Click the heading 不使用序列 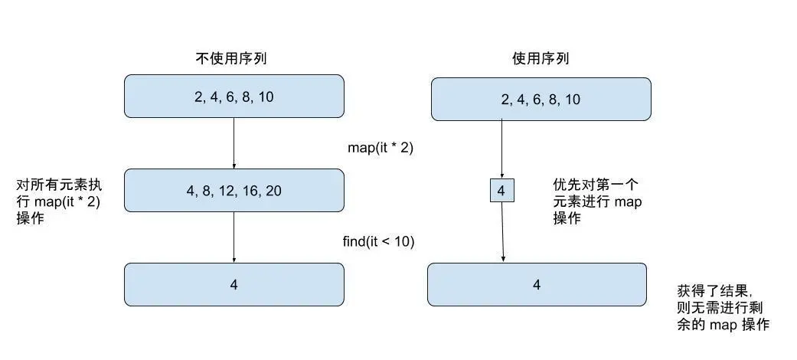point(234,58)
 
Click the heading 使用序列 point(541,58)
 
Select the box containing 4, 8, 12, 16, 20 point(234,191)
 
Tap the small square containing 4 point(501,191)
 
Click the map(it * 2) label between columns point(381,148)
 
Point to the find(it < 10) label point(378,242)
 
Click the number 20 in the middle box point(273,191)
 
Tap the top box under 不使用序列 point(234,97)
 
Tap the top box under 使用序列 point(541,100)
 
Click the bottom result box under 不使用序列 point(234,284)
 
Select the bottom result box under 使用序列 point(537,285)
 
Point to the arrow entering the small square point(501,149)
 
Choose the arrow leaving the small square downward point(502,232)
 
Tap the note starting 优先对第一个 point(597,201)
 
